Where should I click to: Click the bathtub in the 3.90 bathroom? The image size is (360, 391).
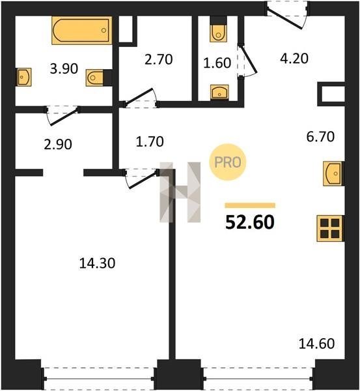click(x=82, y=31)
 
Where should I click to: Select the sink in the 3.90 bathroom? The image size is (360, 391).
click(x=24, y=77)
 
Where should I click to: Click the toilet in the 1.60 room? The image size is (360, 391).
click(x=219, y=29)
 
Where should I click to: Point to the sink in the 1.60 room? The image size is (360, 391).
click(x=219, y=93)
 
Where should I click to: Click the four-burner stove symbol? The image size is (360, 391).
click(x=330, y=228)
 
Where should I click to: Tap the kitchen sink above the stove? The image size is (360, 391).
click(x=333, y=173)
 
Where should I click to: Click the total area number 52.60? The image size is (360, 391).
click(x=250, y=222)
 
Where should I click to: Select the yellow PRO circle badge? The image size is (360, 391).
click(x=228, y=162)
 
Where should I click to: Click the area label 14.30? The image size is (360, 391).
click(x=97, y=263)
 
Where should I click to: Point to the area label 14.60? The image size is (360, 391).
click(x=316, y=343)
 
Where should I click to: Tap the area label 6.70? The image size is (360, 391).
click(x=320, y=137)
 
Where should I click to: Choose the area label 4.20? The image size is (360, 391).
click(x=294, y=59)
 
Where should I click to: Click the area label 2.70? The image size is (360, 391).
click(x=158, y=60)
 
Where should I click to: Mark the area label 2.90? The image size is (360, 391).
click(x=58, y=145)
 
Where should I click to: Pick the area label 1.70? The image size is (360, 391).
click(x=150, y=141)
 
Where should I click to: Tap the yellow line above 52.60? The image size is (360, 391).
click(x=250, y=205)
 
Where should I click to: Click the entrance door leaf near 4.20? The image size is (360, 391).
click(x=284, y=18)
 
